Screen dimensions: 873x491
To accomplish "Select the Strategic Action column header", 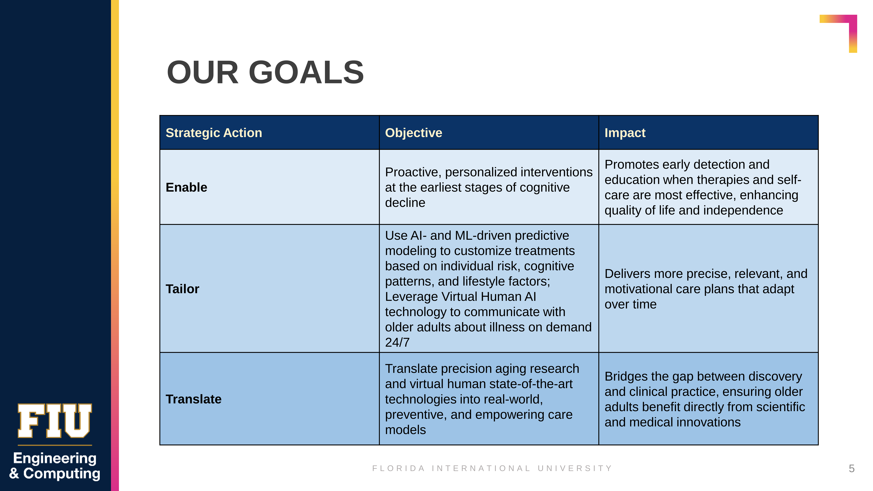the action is click(214, 133).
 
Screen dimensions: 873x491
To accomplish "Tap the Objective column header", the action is click(413, 133).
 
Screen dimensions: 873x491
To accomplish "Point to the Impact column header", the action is click(625, 133).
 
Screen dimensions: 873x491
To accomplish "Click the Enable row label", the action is click(186, 187).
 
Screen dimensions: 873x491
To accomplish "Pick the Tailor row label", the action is click(182, 289).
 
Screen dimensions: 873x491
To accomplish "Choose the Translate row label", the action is click(194, 399).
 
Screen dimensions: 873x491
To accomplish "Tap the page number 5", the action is click(852, 469).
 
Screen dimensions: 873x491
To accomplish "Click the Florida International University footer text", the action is click(492, 468).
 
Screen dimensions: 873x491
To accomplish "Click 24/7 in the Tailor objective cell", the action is click(397, 343).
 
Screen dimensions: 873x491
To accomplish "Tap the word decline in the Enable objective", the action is click(405, 203).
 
